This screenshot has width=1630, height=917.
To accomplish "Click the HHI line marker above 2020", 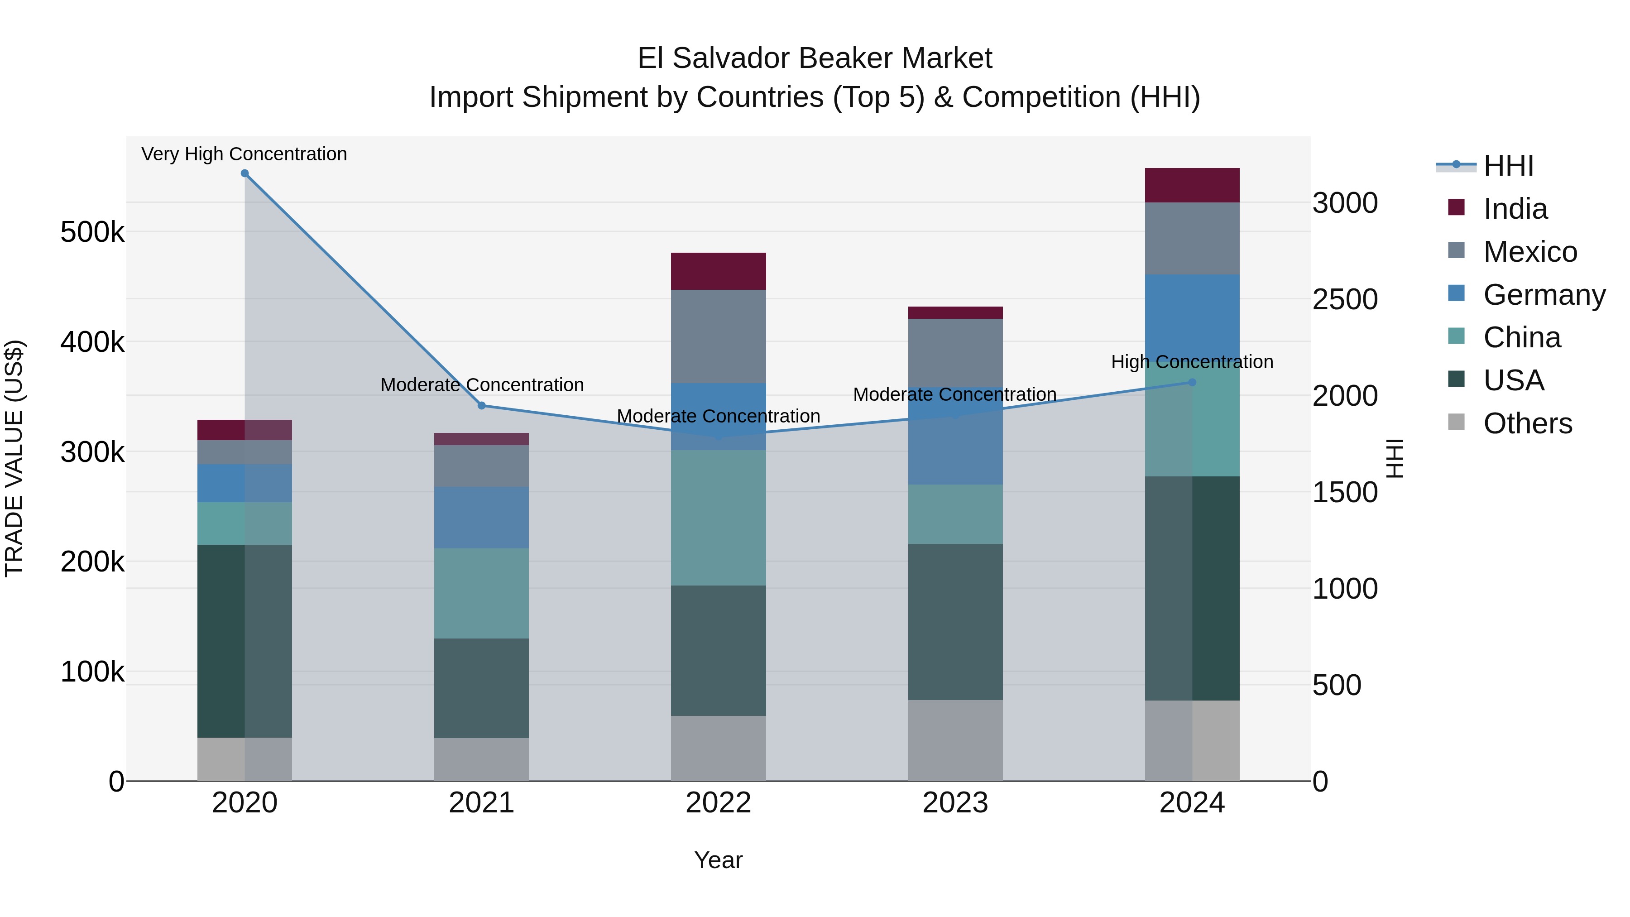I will pyautogui.click(x=245, y=173).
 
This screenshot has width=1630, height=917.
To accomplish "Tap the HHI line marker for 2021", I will pyautogui.click(x=482, y=406).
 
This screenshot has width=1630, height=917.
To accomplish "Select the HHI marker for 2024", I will pyautogui.click(x=1192, y=382).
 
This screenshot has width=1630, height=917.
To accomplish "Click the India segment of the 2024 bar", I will pyautogui.click(x=1192, y=185).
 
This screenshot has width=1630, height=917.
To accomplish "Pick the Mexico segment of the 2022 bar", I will pyautogui.click(x=718, y=336).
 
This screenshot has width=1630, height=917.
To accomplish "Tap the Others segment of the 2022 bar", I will pyautogui.click(x=718, y=748).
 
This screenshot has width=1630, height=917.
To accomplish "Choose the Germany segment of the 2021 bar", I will pyautogui.click(x=482, y=518).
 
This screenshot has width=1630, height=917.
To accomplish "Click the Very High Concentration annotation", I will pyautogui.click(x=244, y=154).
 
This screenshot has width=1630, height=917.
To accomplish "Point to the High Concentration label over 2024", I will pyautogui.click(x=1192, y=362).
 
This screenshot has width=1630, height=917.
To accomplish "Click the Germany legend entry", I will pyautogui.click(x=1544, y=295).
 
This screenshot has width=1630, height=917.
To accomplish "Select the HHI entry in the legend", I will pyautogui.click(x=1509, y=166).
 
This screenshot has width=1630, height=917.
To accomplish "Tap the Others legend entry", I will pyautogui.click(x=1528, y=423).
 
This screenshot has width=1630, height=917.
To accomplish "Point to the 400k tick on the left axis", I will pyautogui.click(x=92, y=342).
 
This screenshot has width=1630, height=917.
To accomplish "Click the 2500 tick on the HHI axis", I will pyautogui.click(x=1345, y=299).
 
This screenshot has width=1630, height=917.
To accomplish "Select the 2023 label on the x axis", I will pyautogui.click(x=955, y=803).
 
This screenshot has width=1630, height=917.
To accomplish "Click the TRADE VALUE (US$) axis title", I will pyautogui.click(x=14, y=458).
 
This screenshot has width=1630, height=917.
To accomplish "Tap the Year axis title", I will pyautogui.click(x=718, y=860).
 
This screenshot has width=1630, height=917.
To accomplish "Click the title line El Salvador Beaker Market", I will pyautogui.click(x=815, y=58).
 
